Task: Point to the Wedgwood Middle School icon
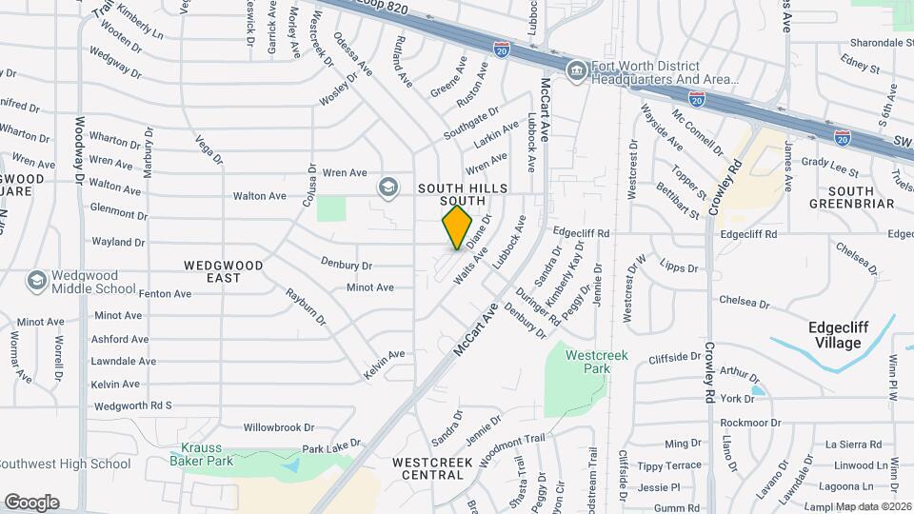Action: pos(36,280)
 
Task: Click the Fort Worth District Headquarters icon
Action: pos(576,71)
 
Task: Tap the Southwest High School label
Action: pos(65,465)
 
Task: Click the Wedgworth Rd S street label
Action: pos(130,405)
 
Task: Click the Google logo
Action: pos(31,502)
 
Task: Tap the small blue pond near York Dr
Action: pos(757,389)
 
